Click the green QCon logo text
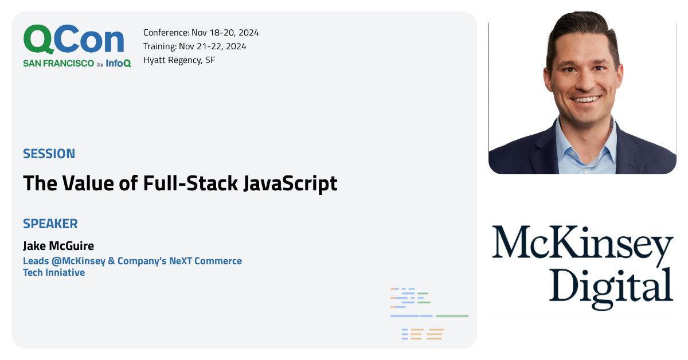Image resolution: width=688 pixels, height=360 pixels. (73, 40)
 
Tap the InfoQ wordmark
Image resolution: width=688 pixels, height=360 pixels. (119, 64)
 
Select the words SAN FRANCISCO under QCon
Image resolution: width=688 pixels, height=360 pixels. (58, 64)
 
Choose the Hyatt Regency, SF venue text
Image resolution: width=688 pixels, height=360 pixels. (179, 60)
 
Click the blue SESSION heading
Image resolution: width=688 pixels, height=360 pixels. (49, 154)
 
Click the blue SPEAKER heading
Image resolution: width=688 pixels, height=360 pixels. (50, 224)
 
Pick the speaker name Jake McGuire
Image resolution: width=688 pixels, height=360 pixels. (58, 246)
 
